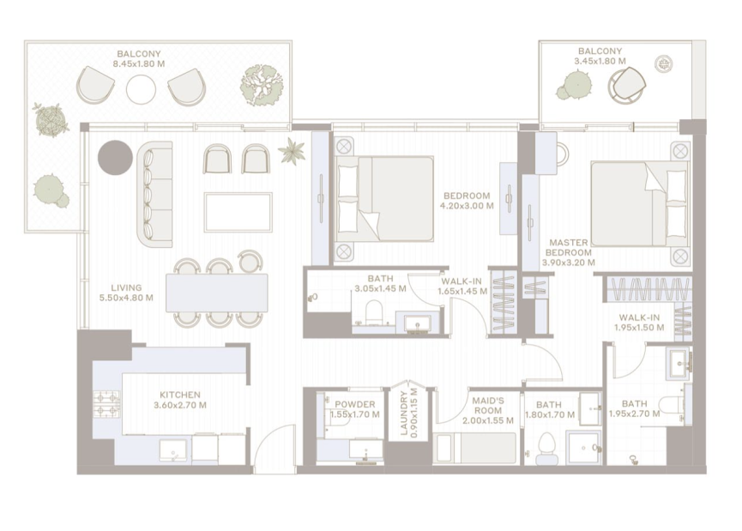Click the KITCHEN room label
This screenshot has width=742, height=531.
tap(180, 395)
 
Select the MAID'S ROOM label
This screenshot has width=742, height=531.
tap(488, 405)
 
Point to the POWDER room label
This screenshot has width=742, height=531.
tap(355, 404)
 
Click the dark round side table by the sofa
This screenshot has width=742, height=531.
tap(115, 158)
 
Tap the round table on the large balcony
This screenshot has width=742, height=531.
tap(141, 89)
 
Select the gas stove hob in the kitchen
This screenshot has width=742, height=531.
tap(106, 404)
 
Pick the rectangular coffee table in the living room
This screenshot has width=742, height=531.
tap(238, 212)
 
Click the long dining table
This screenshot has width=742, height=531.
tap(217, 293)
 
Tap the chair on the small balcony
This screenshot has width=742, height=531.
tap(627, 86)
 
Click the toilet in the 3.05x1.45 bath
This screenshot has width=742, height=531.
tap(373, 312)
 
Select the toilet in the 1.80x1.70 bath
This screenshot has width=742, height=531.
tap(546, 448)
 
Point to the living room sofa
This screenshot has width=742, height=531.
tap(154, 194)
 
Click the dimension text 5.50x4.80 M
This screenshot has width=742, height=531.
tap(126, 298)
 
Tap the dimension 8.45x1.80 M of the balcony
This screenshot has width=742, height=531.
tap(139, 63)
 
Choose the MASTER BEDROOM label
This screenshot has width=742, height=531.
tap(569, 248)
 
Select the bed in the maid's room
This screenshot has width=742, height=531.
tap(474, 448)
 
